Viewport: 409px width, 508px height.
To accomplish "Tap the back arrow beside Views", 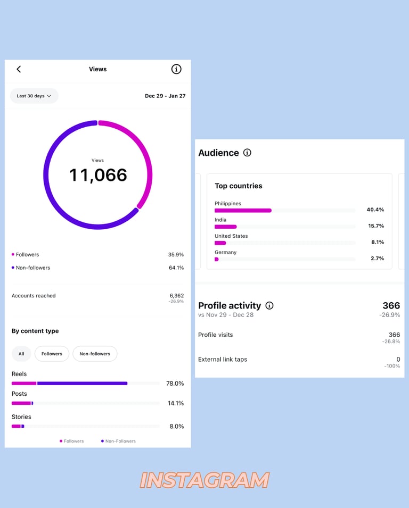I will [19, 69].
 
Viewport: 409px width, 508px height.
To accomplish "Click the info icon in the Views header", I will [176, 69].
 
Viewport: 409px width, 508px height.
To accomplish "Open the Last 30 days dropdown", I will [34, 96].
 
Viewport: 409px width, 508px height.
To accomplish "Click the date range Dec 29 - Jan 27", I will [165, 96].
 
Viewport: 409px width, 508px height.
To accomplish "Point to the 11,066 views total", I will [98, 175].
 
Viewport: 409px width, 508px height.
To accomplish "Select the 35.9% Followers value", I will [176, 255].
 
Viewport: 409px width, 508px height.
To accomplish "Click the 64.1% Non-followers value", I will [176, 268].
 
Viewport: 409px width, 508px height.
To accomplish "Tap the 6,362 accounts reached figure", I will [176, 296].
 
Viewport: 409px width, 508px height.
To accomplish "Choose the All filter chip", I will [21, 354].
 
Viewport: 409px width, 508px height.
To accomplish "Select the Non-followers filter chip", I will [95, 354].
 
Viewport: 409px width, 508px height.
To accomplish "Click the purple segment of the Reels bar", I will [82, 383].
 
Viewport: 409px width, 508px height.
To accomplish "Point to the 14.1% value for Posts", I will [176, 403].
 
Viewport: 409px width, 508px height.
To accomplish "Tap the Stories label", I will [21, 417].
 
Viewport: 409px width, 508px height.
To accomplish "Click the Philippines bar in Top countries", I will [243, 211].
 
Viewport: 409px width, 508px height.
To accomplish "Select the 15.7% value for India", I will [375, 226].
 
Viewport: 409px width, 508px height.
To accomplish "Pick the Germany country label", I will [225, 252].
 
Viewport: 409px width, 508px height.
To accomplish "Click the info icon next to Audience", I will [247, 153].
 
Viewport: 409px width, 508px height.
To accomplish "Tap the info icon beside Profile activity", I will [269, 305].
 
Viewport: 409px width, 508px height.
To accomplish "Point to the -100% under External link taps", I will [392, 366].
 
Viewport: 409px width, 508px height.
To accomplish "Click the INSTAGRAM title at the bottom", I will [204, 480].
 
